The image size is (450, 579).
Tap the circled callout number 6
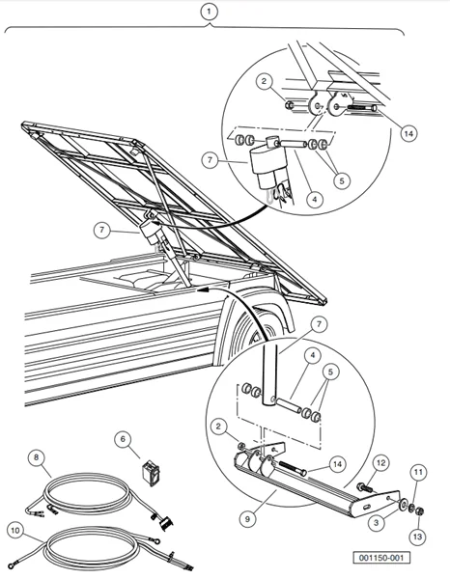tap(123, 438)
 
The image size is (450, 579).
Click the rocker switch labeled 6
tap(151, 471)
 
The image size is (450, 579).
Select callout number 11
tap(418, 472)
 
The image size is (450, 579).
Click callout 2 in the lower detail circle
tap(222, 424)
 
